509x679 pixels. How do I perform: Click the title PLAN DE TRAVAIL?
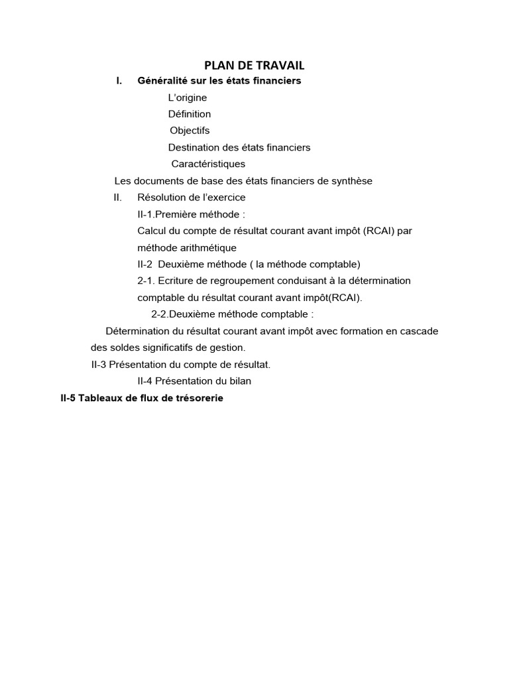254,65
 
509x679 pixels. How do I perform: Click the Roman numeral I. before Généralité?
119,81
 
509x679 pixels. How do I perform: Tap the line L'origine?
188,97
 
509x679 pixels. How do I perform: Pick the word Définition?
190,114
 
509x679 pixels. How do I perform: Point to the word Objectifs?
190,131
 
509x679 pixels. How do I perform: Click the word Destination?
192,147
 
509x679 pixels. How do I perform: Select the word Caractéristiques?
208,164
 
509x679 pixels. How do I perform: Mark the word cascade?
420,331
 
